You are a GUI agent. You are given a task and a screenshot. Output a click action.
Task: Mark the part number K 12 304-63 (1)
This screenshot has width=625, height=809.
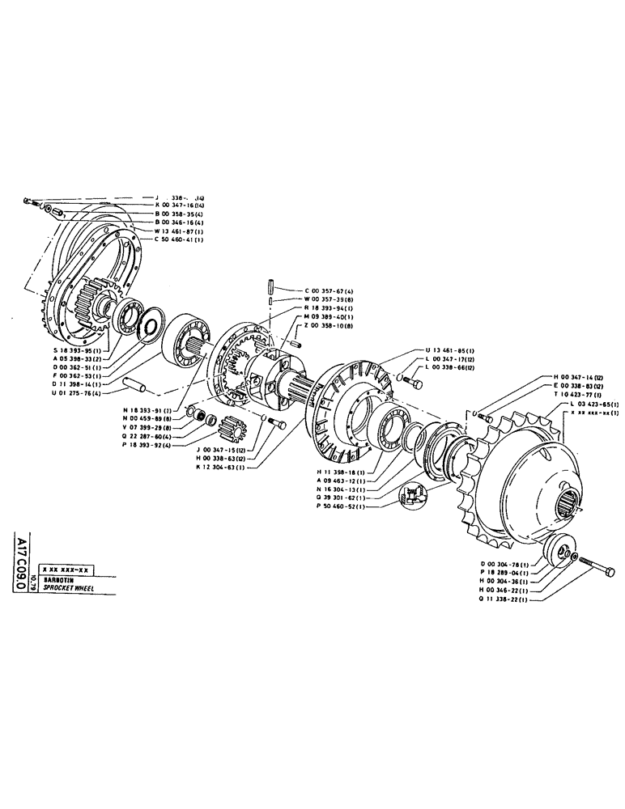pyautogui.click(x=226, y=468)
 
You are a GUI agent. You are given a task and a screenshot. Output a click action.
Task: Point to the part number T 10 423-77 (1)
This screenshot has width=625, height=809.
pyautogui.click(x=577, y=394)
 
